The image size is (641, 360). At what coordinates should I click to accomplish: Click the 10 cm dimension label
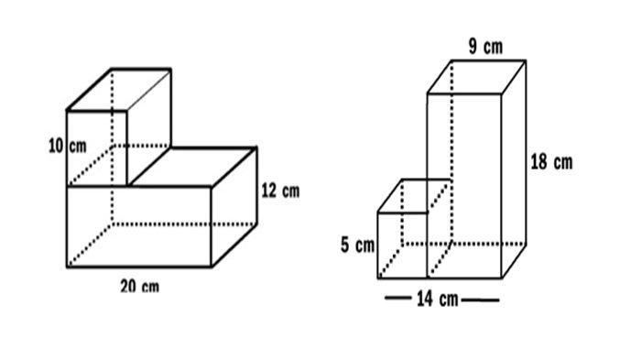click(x=68, y=146)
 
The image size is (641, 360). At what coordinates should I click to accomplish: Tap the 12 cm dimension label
click(x=280, y=191)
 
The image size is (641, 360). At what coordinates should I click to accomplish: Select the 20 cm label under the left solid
click(x=140, y=286)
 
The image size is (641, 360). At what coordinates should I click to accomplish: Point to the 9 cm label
click(x=485, y=47)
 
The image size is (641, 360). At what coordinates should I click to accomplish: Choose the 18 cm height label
click(x=552, y=161)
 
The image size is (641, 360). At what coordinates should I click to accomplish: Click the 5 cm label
click(x=358, y=245)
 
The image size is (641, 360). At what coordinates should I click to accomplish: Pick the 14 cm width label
click(x=438, y=299)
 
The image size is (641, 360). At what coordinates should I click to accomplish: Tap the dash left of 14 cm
click(x=397, y=299)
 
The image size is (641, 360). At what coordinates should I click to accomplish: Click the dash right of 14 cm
click(x=481, y=300)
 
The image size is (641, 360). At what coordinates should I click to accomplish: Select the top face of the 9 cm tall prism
click(x=476, y=77)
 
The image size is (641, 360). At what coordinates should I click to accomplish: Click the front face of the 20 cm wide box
click(x=139, y=226)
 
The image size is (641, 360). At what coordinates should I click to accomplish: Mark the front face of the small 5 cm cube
click(x=403, y=245)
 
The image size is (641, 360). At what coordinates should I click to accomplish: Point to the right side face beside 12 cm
click(x=234, y=207)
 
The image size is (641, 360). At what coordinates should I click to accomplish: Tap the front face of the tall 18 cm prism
click(x=464, y=186)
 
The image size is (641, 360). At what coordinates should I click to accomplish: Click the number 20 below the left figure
click(x=128, y=286)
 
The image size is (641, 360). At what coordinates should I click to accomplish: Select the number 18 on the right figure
click(x=538, y=161)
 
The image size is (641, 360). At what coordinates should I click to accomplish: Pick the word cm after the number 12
click(x=290, y=191)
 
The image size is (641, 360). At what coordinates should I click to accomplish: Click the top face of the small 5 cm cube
click(x=414, y=195)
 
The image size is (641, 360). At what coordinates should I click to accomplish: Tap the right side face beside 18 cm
click(x=514, y=169)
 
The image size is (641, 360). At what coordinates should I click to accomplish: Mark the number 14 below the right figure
click(x=425, y=299)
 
